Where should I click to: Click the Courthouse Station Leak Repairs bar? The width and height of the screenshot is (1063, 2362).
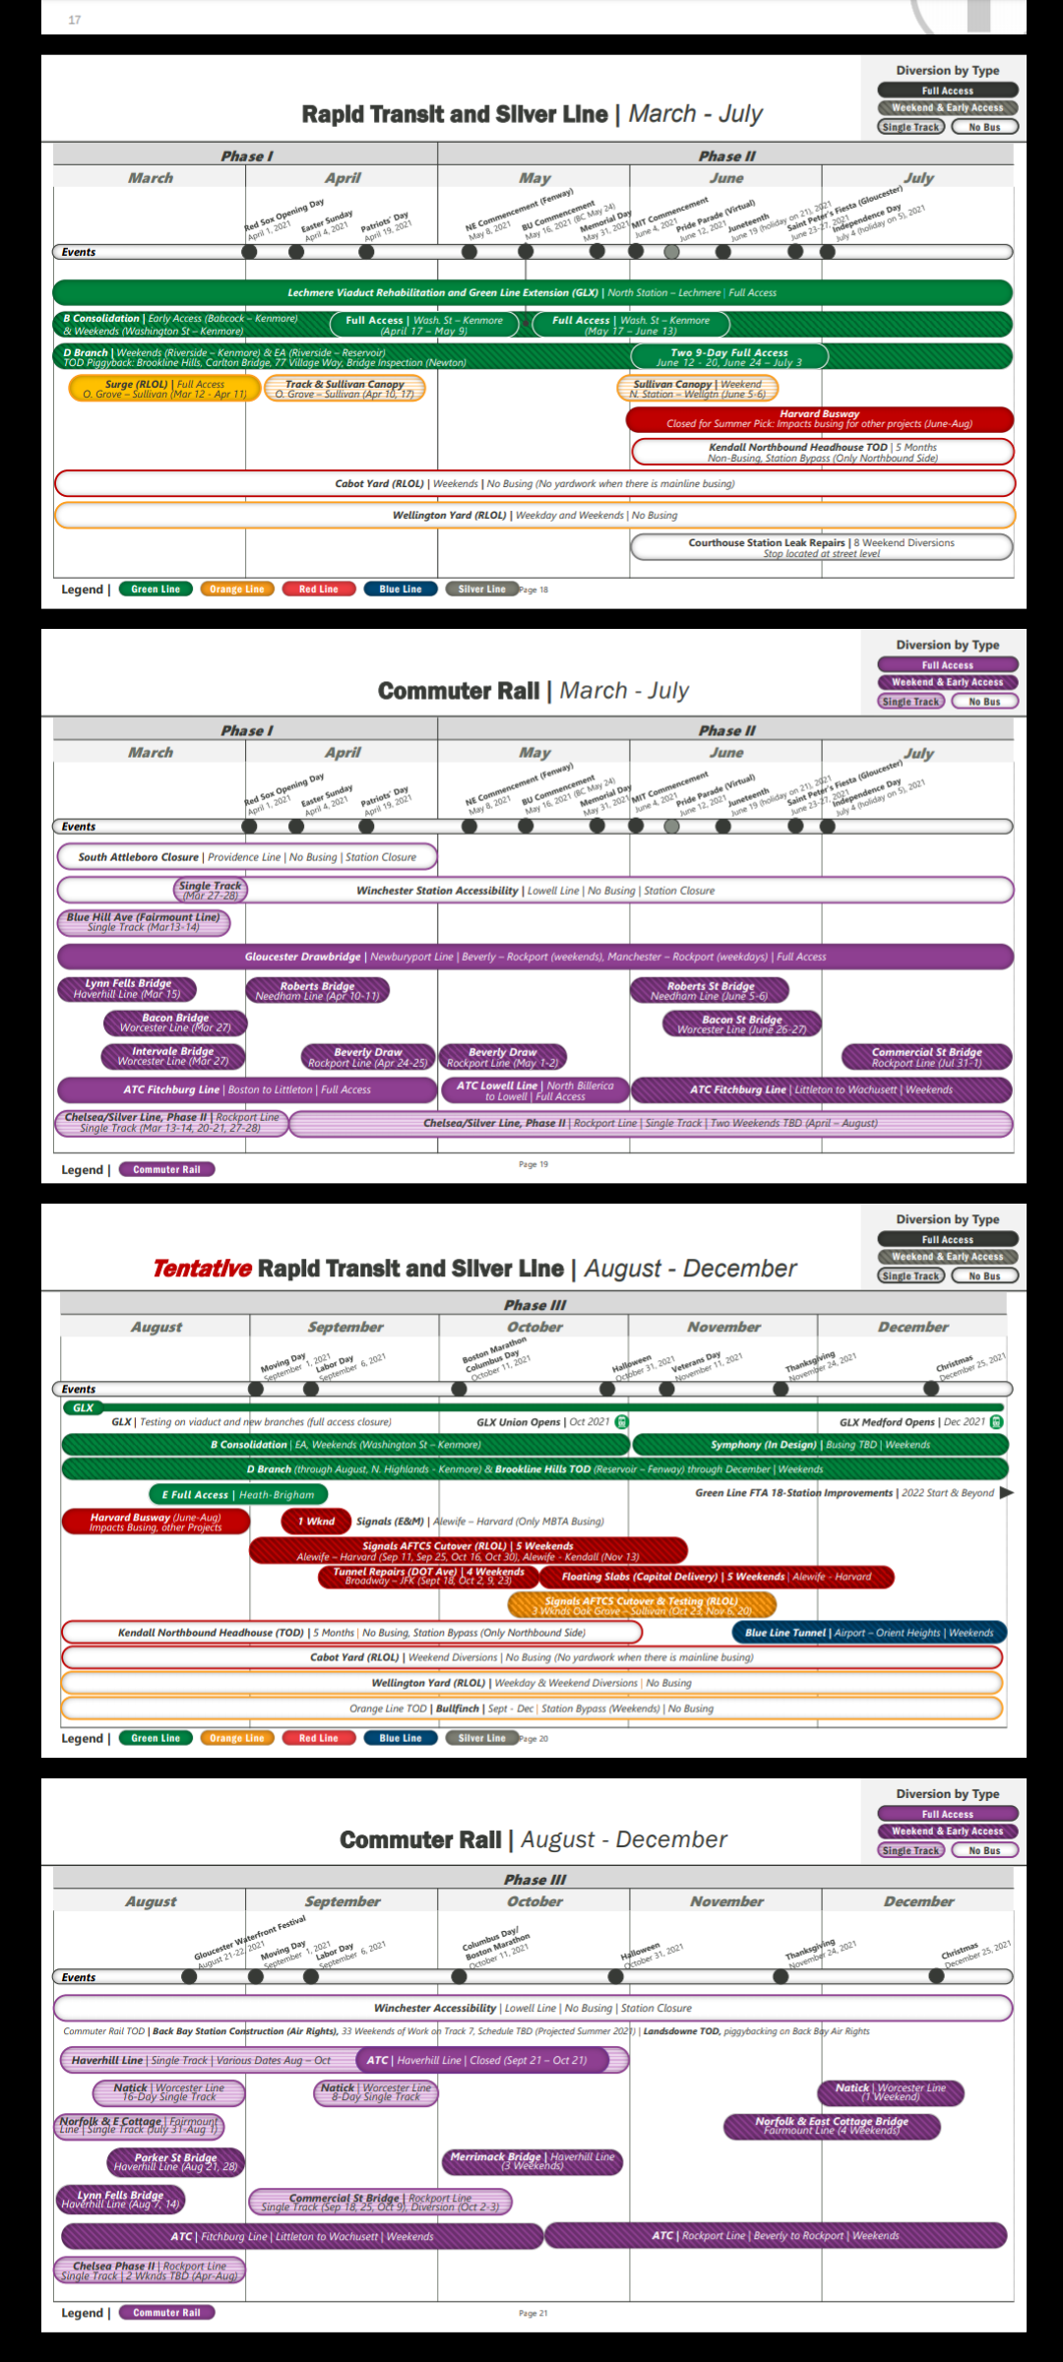tap(822, 547)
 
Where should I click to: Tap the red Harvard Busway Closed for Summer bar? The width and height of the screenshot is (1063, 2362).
tap(819, 419)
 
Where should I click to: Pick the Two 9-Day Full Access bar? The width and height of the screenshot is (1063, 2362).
tap(728, 357)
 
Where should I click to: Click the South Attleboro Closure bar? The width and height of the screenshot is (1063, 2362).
tap(247, 857)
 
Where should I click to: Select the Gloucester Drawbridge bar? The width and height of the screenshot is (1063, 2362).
tap(535, 957)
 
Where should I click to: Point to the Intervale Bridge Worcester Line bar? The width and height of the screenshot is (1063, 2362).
tap(173, 1056)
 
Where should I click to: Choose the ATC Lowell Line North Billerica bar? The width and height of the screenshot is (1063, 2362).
tap(534, 1090)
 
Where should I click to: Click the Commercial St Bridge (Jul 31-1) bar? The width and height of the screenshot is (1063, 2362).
tap(926, 1057)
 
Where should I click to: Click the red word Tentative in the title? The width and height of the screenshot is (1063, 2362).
tap(202, 1269)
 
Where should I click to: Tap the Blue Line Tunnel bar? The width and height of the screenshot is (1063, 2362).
tap(869, 1633)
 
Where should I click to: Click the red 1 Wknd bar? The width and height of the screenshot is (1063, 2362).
tap(316, 1522)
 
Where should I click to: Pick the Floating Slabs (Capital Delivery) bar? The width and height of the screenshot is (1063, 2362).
tap(717, 1577)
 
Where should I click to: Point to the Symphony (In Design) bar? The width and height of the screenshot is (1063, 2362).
tap(820, 1445)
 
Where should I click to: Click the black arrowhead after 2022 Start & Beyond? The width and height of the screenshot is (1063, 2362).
tap(1006, 1493)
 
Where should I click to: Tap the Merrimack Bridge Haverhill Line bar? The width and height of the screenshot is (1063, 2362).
tap(532, 2160)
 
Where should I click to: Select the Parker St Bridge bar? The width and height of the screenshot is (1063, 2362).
tap(175, 2162)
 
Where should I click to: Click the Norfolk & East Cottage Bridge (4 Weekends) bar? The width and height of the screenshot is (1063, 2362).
tap(832, 2126)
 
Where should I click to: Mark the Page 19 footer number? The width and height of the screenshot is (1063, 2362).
tap(533, 1164)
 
